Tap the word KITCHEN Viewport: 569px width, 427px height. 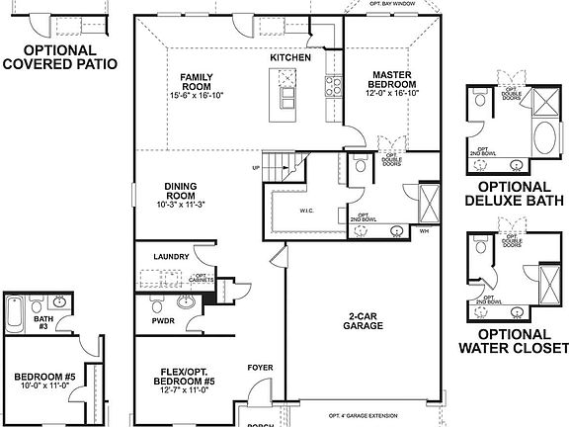click(290, 58)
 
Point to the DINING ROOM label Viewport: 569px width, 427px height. click(181, 190)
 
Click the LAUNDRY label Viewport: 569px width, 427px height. click(171, 256)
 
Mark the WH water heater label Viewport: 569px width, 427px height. click(423, 233)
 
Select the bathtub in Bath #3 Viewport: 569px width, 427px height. click(13, 314)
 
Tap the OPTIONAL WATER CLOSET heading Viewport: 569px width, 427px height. click(513, 340)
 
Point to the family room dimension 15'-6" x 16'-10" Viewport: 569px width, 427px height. click(203, 96)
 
